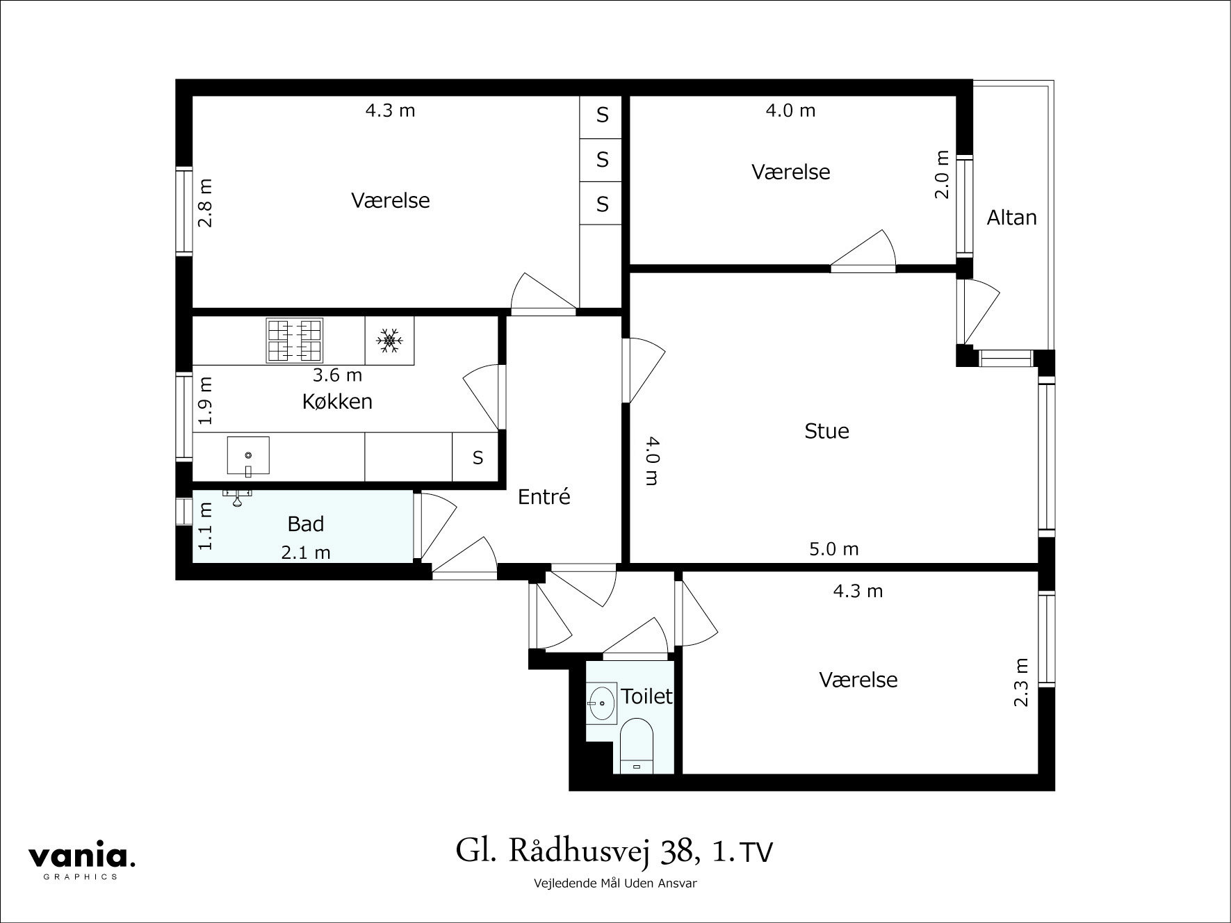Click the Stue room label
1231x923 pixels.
click(x=826, y=431)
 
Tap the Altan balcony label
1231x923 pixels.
click(x=1011, y=218)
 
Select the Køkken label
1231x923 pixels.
click(x=337, y=402)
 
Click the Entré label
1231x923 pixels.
click(x=544, y=497)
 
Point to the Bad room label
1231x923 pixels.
click(x=306, y=524)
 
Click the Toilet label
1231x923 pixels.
click(x=646, y=696)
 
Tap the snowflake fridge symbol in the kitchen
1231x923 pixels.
click(x=389, y=340)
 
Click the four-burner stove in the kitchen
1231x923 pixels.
click(x=295, y=341)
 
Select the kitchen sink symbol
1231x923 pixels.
click(x=248, y=456)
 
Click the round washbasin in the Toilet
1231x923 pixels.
click(x=602, y=703)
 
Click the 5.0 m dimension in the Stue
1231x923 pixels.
click(x=833, y=550)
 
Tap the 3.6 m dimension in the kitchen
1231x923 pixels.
click(x=337, y=375)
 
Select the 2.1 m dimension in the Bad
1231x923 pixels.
click(x=306, y=553)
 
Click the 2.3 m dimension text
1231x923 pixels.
click(x=1020, y=682)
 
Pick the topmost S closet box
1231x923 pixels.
click(x=602, y=115)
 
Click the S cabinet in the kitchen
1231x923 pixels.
click(x=478, y=457)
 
